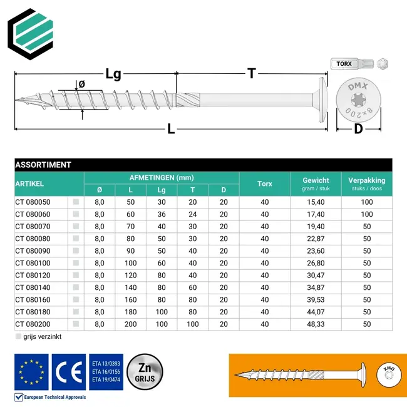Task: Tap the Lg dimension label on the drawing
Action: [113, 74]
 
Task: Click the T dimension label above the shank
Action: [251, 73]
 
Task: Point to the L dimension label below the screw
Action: [170, 130]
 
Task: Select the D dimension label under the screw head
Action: [358, 129]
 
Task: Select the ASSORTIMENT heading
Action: [43, 165]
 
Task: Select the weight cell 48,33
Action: [316, 324]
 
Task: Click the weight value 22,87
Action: [316, 239]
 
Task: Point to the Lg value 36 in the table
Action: [162, 214]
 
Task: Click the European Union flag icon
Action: [31, 371]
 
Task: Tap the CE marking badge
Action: [69, 371]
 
